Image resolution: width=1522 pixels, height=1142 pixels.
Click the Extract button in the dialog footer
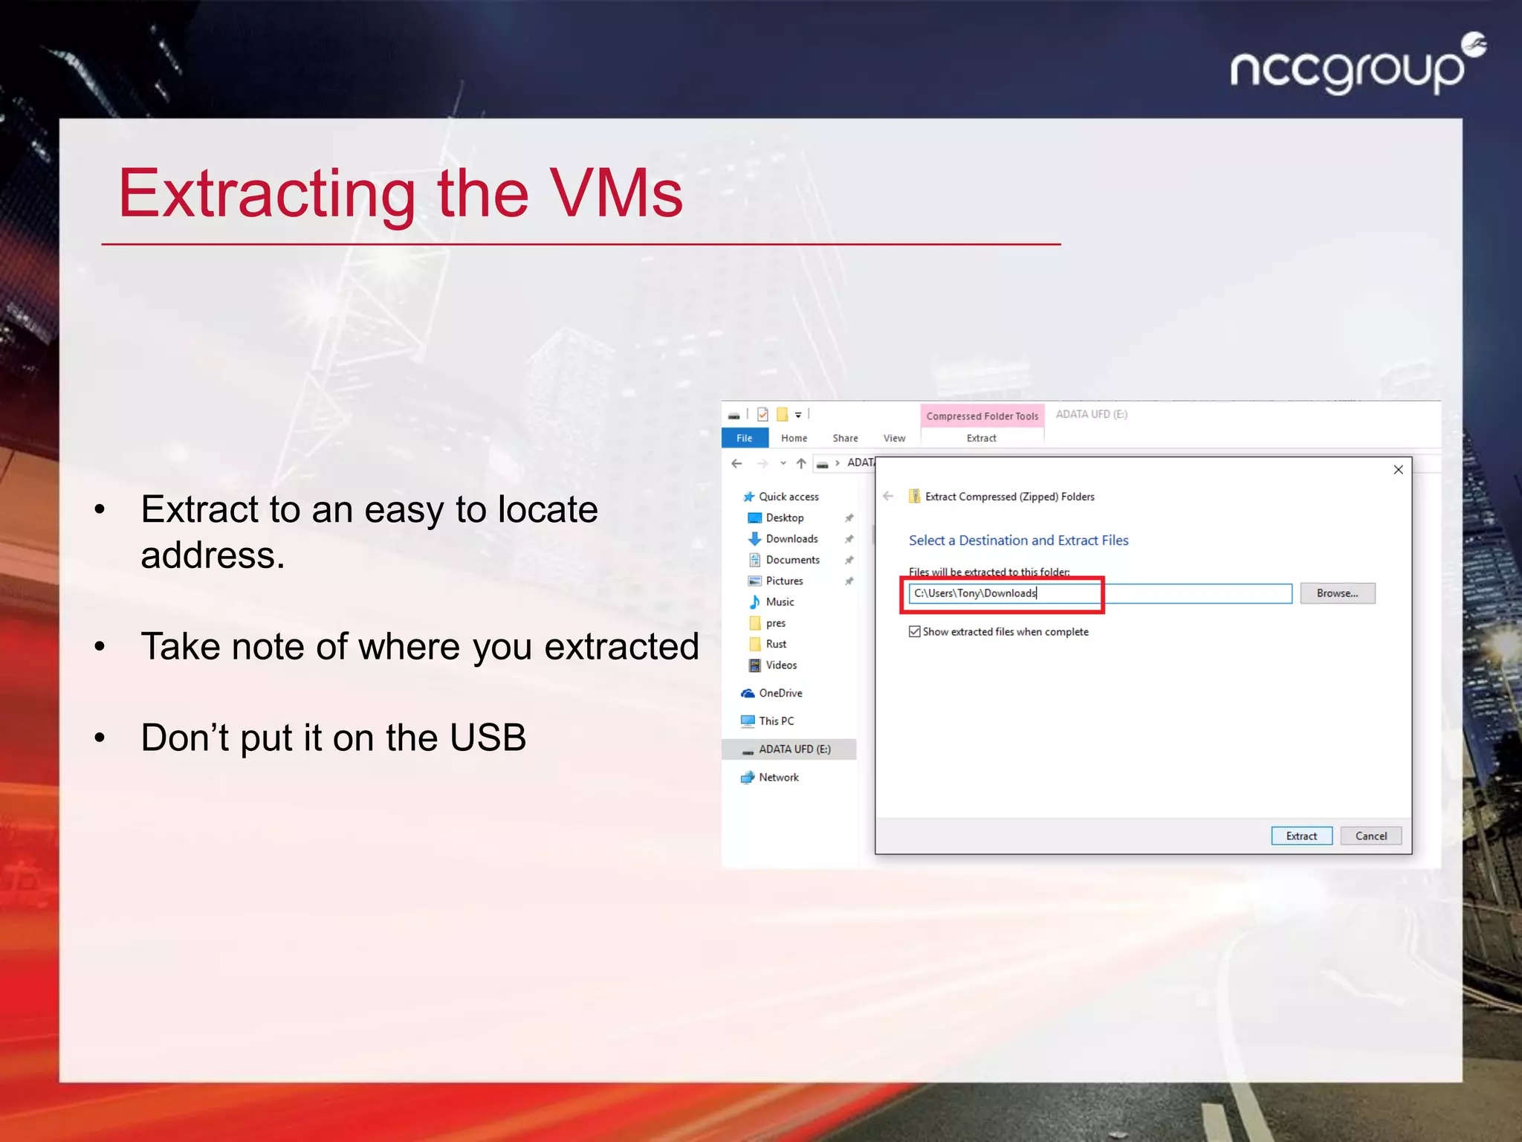point(1301,836)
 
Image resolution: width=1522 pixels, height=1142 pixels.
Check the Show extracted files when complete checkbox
point(915,631)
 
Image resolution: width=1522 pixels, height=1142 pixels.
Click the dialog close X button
point(1398,470)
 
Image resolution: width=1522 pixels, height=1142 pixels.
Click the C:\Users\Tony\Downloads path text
point(975,593)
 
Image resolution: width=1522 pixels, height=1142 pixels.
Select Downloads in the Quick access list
point(791,539)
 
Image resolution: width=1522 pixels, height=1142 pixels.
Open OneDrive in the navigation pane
point(780,693)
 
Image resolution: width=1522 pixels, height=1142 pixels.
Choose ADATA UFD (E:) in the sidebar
point(794,749)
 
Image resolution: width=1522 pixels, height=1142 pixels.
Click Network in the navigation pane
point(778,777)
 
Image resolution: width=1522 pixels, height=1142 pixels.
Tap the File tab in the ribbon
point(744,438)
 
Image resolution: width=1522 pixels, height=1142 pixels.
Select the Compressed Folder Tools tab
point(982,416)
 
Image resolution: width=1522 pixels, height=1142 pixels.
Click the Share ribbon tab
point(845,438)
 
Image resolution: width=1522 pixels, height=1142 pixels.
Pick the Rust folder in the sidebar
point(776,644)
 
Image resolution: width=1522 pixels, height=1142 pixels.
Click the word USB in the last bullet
point(488,738)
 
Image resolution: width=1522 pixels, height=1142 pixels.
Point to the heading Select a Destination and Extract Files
point(1018,541)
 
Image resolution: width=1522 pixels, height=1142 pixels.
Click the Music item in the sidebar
point(780,601)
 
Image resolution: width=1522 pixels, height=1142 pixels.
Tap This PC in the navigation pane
point(776,720)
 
